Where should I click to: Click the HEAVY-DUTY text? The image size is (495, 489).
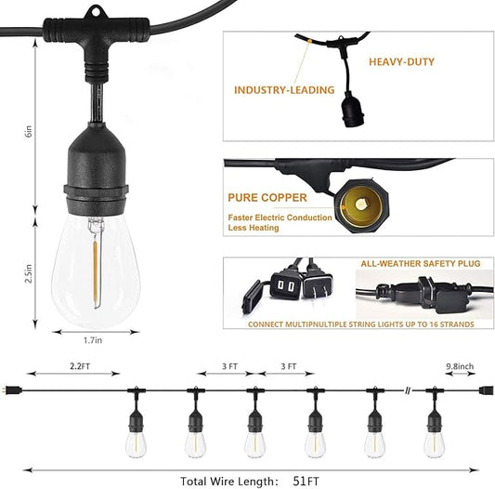(401, 62)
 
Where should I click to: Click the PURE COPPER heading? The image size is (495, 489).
(267, 198)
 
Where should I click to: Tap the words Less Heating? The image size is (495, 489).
(254, 228)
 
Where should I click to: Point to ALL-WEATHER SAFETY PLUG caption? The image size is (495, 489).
(421, 264)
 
